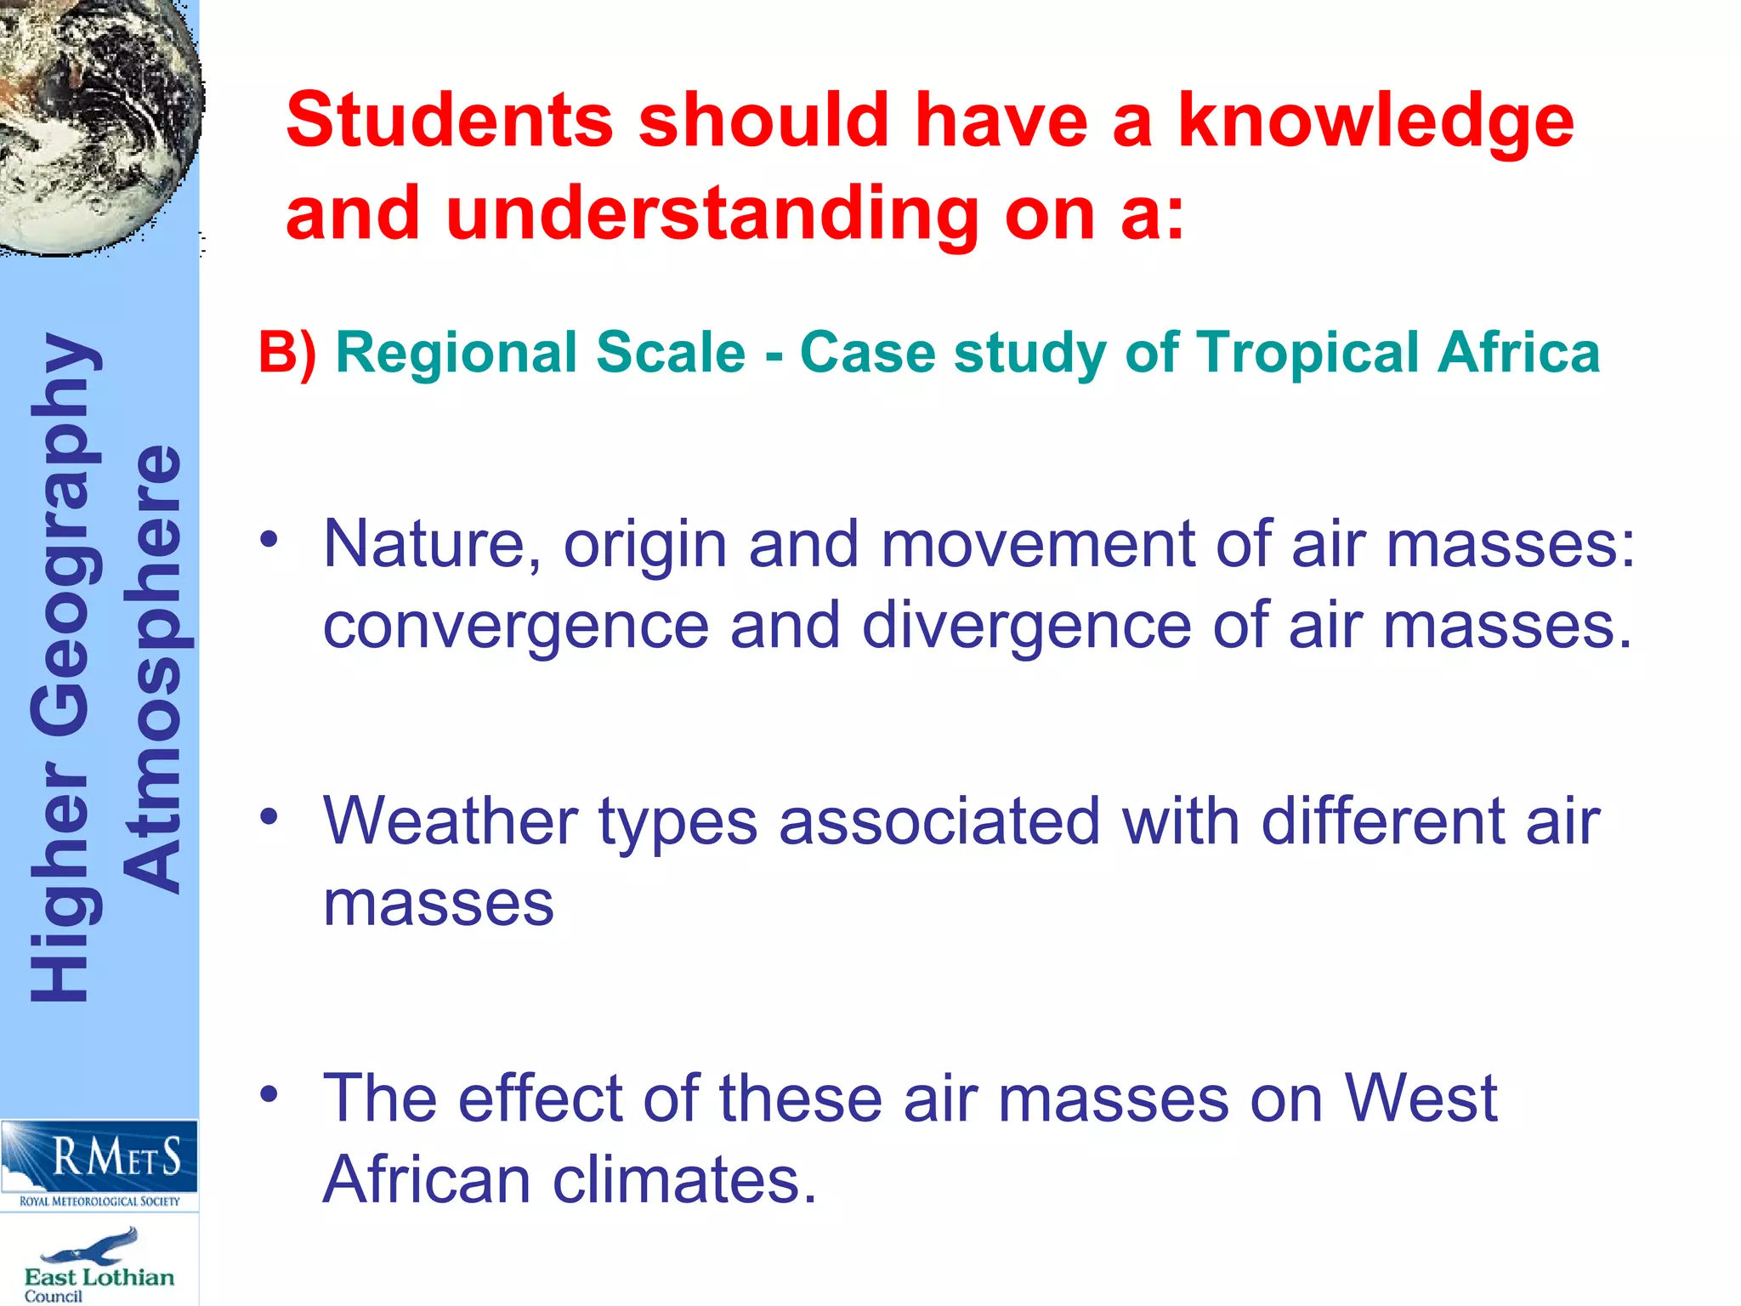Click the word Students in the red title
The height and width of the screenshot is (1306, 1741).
[x=449, y=121]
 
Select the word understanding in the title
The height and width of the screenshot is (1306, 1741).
[x=712, y=214]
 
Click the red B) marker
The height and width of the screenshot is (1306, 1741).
[x=287, y=353]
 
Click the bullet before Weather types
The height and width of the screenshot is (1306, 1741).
[x=269, y=816]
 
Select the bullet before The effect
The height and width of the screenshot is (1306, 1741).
[x=269, y=1093]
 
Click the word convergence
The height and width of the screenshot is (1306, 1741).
[x=516, y=627]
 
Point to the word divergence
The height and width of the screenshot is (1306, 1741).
[x=1027, y=627]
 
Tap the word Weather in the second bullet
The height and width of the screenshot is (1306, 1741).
[x=451, y=821]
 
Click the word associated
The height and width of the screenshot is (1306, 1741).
[x=939, y=821]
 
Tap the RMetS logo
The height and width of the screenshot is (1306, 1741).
[x=99, y=1163]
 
